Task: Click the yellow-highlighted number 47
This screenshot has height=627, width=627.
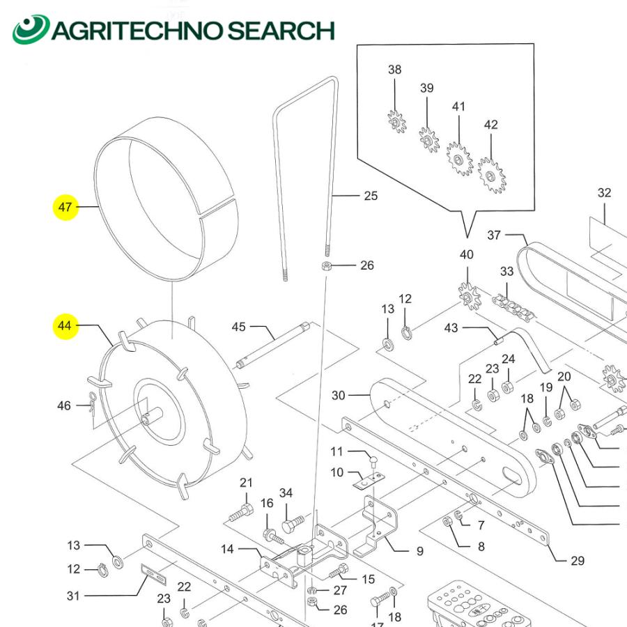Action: pyautogui.click(x=65, y=207)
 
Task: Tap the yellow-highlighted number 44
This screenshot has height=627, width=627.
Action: pyautogui.click(x=65, y=325)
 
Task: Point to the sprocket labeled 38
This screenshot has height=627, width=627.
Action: pyautogui.click(x=396, y=123)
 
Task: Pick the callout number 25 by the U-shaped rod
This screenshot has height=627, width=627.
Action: pyautogui.click(x=371, y=196)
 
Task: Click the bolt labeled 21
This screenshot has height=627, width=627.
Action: pyautogui.click(x=241, y=513)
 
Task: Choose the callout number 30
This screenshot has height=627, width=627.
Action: pyautogui.click(x=338, y=396)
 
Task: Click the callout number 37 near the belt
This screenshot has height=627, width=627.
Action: pyautogui.click(x=493, y=235)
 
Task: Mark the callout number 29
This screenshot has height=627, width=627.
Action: pyautogui.click(x=577, y=561)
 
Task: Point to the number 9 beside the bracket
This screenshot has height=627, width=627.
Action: pyautogui.click(x=419, y=551)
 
